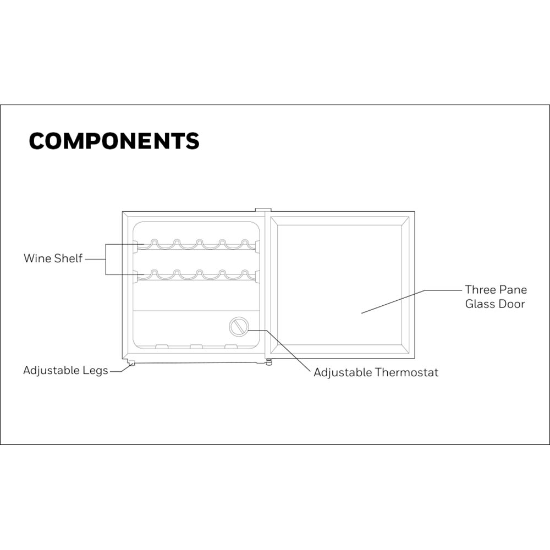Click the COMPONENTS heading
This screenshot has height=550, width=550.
(114, 141)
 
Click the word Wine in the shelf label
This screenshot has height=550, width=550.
(37, 258)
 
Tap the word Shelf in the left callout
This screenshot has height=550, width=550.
(68, 258)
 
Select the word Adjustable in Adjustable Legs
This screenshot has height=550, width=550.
(52, 370)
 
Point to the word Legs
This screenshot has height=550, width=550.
(95, 371)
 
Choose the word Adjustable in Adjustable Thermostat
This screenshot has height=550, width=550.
(343, 372)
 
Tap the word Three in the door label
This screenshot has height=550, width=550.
(480, 290)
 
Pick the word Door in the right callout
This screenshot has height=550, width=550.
(512, 304)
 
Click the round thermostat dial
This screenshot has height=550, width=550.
(239, 327)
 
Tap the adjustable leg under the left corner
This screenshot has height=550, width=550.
(131, 363)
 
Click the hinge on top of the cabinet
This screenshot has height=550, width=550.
(263, 210)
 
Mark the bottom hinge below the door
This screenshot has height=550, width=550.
(268, 362)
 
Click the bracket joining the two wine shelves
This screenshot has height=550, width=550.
(106, 259)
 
